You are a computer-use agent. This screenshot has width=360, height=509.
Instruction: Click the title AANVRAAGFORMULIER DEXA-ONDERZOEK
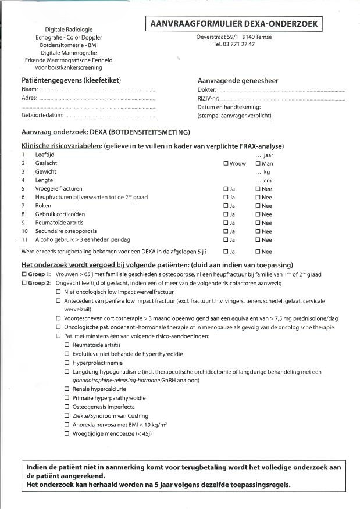tap(234, 24)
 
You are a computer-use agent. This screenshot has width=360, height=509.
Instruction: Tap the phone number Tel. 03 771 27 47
tap(234, 44)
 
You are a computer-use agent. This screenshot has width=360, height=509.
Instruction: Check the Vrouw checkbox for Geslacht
tap(226, 164)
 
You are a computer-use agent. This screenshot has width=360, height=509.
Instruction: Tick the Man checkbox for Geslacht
tap(258, 164)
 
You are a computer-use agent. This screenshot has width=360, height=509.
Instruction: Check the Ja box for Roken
tap(226, 206)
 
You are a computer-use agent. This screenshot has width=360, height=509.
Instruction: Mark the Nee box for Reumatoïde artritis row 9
tap(258, 223)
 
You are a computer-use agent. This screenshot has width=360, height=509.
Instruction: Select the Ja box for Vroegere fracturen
tap(226, 189)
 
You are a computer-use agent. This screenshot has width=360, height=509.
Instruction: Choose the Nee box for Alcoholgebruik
tap(258, 239)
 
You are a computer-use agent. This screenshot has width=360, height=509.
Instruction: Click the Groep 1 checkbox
tap(24, 274)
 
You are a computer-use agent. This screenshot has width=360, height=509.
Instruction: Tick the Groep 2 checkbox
tap(24, 282)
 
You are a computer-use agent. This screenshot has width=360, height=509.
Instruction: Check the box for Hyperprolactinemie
tap(67, 363)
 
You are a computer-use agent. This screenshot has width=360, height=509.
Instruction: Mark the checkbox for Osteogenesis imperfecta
tap(67, 407)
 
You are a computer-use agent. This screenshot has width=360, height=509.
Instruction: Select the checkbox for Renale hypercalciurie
tap(67, 389)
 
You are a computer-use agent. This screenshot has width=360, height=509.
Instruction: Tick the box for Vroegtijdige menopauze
tap(67, 433)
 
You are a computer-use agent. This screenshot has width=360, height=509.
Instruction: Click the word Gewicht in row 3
tap(45, 172)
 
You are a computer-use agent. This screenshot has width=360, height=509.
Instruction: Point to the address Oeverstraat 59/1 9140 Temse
tap(234, 37)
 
